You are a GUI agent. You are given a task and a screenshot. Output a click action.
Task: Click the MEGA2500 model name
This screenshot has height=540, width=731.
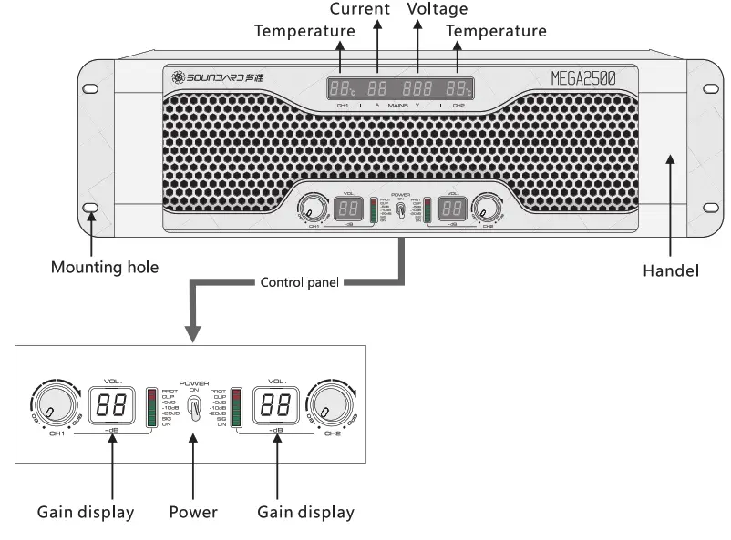click(x=582, y=78)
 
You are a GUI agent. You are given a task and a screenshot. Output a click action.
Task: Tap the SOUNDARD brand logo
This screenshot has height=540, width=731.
click(x=210, y=77)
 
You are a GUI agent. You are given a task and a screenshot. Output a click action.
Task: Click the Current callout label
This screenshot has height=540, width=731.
click(x=359, y=9)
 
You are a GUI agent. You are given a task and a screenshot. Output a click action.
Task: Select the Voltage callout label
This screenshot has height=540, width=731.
click(x=438, y=9)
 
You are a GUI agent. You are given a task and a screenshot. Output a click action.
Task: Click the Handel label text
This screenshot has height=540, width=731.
click(x=671, y=270)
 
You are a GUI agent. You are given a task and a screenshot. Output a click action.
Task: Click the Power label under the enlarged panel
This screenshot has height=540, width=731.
click(x=193, y=512)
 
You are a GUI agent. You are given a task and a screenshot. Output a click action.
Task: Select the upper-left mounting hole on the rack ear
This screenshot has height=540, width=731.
click(x=90, y=88)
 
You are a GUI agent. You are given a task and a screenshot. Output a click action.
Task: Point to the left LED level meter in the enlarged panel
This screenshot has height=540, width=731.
click(x=151, y=407)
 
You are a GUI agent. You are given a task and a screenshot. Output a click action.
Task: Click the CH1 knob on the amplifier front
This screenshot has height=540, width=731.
click(x=314, y=207)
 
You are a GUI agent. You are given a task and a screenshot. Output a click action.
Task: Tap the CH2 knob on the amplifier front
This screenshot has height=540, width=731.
click(x=484, y=207)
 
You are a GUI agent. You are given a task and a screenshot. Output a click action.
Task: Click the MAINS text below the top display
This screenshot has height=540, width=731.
click(x=398, y=106)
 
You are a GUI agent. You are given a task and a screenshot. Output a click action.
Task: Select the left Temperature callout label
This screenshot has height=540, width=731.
click(x=304, y=30)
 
